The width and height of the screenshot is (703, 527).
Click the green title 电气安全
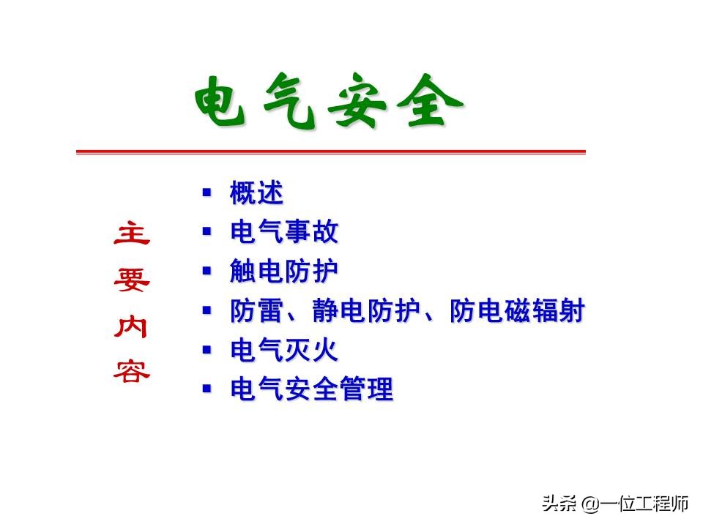[330, 102]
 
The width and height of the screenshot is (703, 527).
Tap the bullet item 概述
[256, 194]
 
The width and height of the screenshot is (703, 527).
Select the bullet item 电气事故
[284, 233]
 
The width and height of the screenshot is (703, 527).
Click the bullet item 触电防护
[284, 272]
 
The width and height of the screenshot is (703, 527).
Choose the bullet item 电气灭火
[284, 351]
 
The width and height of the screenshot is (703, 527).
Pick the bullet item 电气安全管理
[311, 389]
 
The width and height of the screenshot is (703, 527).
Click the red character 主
[132, 234]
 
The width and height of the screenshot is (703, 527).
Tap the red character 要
[132, 280]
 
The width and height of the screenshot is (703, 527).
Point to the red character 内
[132, 327]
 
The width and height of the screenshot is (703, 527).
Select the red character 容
[132, 373]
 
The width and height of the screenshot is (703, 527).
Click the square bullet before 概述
[207, 193]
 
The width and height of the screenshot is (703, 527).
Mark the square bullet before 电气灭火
[207, 349]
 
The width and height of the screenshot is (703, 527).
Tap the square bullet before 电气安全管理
[207, 388]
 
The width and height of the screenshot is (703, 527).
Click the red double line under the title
[331, 152]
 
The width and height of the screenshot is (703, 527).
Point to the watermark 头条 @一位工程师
[615, 504]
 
